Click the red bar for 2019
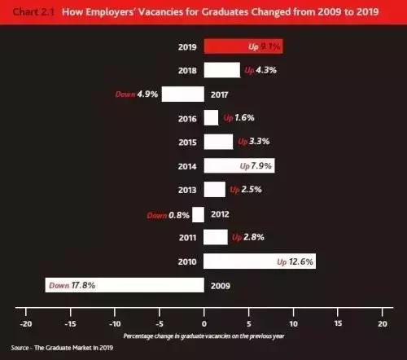tap(243, 46)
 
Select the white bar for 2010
tap(259, 261)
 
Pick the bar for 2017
tap(183, 94)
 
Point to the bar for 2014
tap(239, 165)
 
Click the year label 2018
tap(188, 70)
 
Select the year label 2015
tap(188, 142)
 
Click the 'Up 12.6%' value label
tap(295, 261)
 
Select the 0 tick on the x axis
tap(203, 323)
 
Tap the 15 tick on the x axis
tap(336, 323)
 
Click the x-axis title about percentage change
tap(203, 336)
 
